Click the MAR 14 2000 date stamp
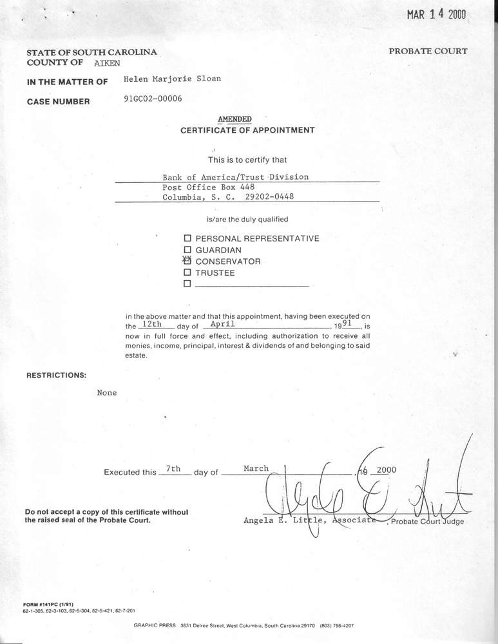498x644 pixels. (x=436, y=15)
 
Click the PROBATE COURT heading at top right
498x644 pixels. (x=428, y=52)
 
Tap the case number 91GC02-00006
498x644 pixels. (x=152, y=99)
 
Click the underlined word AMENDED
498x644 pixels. (x=235, y=119)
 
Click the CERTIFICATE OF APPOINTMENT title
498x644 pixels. (x=247, y=130)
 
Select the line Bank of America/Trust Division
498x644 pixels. (x=236, y=176)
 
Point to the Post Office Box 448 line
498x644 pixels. (x=204, y=187)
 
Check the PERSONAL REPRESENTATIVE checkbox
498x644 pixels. (x=188, y=238)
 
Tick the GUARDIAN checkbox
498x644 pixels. (x=188, y=250)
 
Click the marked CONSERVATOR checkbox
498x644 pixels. (x=188, y=261)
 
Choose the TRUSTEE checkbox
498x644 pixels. (x=188, y=272)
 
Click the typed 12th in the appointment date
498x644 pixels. (x=152, y=325)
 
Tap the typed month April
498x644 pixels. (x=222, y=325)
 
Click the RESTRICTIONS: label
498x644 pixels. (x=55, y=374)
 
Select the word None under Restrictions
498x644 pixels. (x=107, y=393)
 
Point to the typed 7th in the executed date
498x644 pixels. (x=173, y=469)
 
